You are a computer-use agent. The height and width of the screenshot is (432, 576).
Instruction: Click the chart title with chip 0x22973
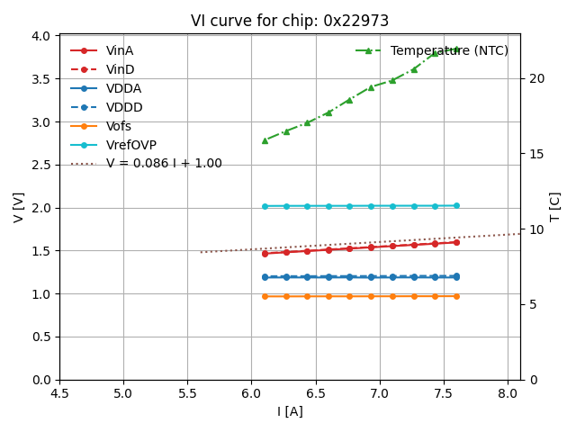coord(290,21)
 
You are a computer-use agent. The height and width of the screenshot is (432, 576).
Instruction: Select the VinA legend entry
coord(119,50)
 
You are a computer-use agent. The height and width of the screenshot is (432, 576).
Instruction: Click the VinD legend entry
coord(120,69)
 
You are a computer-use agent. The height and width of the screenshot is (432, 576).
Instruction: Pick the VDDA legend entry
coord(123,88)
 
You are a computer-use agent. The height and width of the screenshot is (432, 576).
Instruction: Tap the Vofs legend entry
coord(118,126)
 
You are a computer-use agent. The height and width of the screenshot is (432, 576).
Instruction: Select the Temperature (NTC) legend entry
coord(449,50)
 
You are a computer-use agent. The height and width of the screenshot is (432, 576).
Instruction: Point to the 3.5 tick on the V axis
coord(41,79)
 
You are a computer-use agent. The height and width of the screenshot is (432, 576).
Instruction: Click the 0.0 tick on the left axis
coord(41,380)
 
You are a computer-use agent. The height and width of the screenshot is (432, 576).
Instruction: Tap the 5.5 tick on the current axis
coord(187,393)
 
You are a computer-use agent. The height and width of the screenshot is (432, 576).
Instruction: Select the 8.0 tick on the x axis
coord(508,393)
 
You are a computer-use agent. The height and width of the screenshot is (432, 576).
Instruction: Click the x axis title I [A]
coord(290,411)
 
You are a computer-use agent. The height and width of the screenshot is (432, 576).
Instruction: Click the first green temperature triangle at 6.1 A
coord(265,140)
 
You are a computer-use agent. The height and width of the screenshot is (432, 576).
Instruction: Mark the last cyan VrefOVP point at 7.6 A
coord(456,205)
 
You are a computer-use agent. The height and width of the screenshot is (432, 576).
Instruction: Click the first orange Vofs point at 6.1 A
coord(265,296)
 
